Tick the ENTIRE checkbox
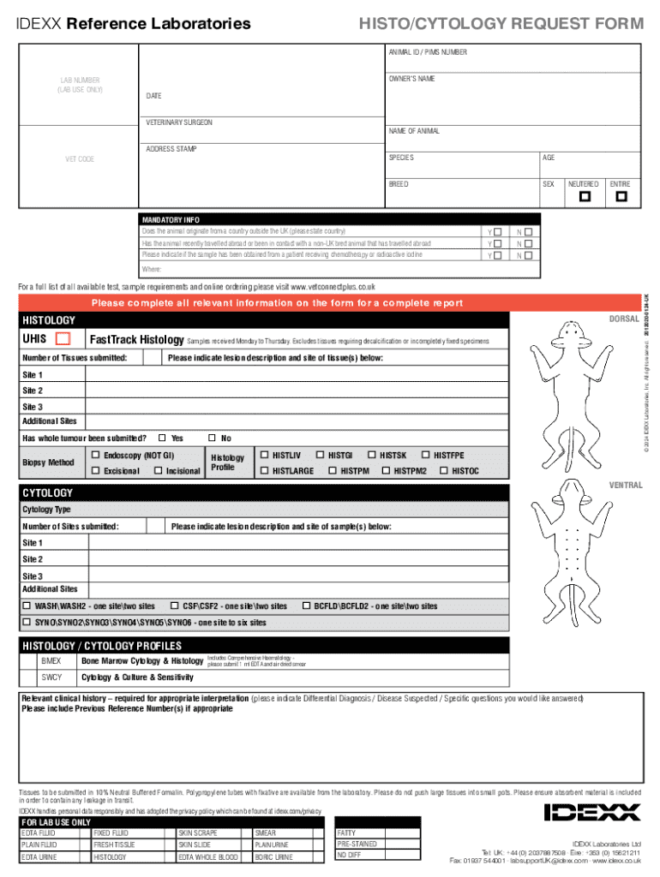(x=621, y=197)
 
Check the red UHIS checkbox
(x=62, y=339)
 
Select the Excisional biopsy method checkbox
(x=96, y=471)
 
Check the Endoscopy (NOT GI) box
(x=96, y=455)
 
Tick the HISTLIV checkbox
(x=264, y=455)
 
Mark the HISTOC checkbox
(x=444, y=471)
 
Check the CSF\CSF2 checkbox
(x=175, y=606)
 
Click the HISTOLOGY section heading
(x=49, y=320)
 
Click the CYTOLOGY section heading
(x=47, y=493)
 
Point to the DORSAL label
(x=624, y=319)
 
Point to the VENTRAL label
(x=625, y=486)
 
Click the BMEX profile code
(x=51, y=661)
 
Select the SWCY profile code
(x=51, y=677)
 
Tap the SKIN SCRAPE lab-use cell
(x=198, y=832)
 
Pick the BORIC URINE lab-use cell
(x=273, y=856)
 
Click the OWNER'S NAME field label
(x=412, y=79)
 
